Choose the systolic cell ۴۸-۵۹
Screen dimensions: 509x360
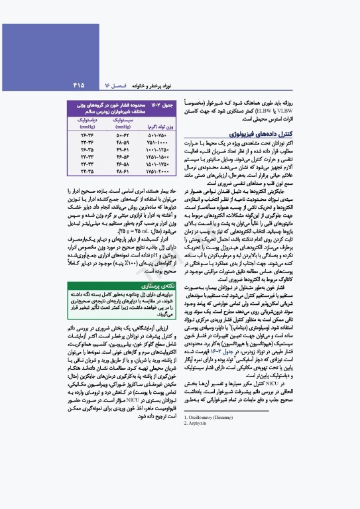121,142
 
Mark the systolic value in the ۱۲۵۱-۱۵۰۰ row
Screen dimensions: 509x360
121,157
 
